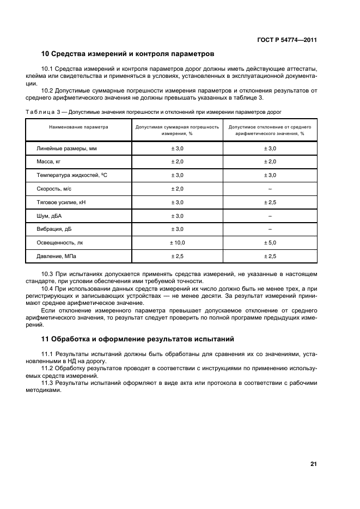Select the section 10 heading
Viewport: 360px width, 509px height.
point(127,54)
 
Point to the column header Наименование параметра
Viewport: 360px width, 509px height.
point(78,127)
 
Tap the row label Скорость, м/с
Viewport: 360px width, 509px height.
point(54,188)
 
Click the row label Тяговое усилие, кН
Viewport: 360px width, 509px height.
point(61,202)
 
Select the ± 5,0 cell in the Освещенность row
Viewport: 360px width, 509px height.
point(270,242)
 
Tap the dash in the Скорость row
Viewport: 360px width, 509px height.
point(270,188)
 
